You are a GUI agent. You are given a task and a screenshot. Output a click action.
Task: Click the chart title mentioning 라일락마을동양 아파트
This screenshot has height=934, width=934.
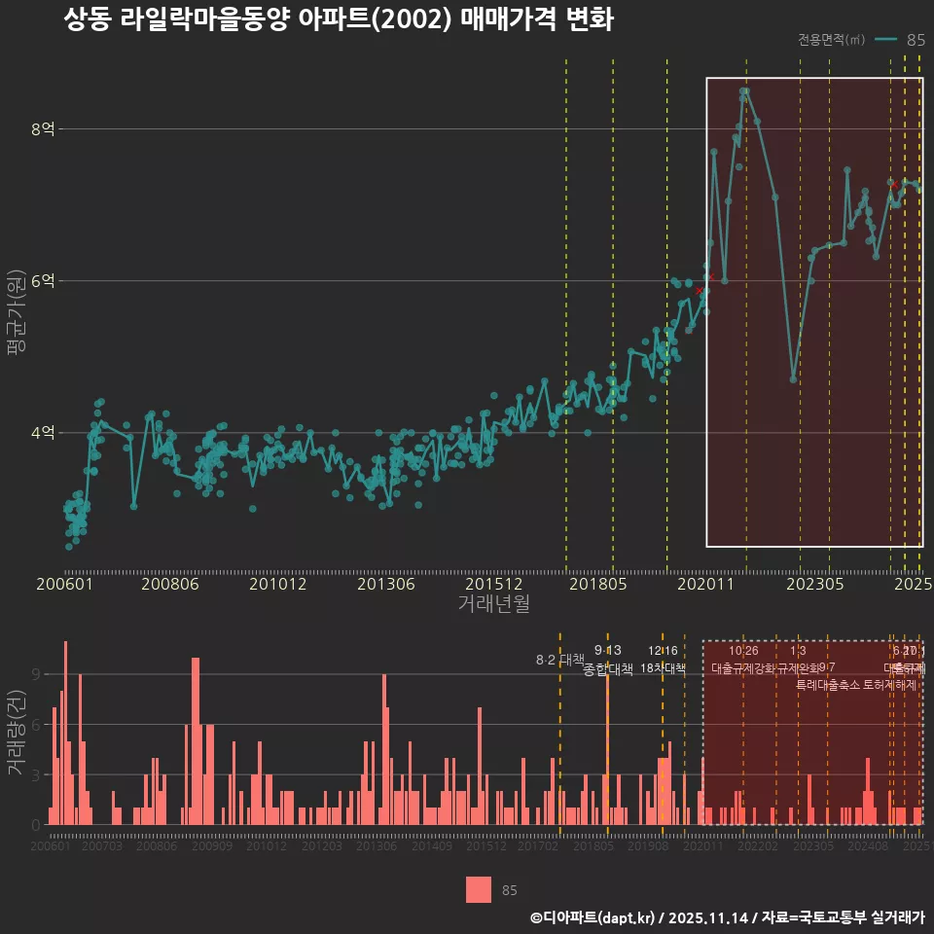(339, 20)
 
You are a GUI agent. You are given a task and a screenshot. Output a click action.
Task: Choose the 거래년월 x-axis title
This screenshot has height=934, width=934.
(493, 604)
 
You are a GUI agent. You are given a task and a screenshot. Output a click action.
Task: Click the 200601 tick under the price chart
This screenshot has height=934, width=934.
(64, 585)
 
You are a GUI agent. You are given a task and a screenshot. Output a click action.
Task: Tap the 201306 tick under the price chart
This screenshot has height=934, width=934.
(386, 585)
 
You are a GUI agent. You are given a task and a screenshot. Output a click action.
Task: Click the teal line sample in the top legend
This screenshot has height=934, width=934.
(884, 40)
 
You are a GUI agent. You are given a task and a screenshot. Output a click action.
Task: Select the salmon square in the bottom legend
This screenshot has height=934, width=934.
(479, 889)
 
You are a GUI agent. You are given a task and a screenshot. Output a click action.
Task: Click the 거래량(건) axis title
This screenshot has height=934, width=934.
(15, 733)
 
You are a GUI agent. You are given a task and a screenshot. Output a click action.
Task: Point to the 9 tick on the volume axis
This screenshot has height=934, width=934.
(35, 674)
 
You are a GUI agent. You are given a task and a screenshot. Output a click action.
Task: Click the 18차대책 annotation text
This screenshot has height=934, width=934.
(663, 668)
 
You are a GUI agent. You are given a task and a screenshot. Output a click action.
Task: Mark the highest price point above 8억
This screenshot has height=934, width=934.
(744, 90)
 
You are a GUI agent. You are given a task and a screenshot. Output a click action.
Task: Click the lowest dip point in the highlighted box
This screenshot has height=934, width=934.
(794, 378)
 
